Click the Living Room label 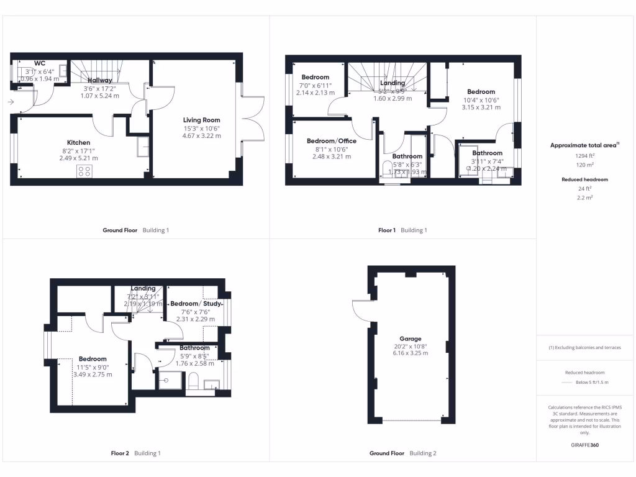[201, 120]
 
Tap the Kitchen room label [78, 142]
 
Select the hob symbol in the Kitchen [84, 171]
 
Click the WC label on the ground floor [40, 63]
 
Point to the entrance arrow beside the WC [11, 102]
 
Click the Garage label [411, 338]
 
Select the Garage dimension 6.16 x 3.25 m [411, 353]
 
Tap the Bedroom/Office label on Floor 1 [332, 141]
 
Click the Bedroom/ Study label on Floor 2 [194, 304]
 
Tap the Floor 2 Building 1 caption [135, 453]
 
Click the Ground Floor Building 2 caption [402, 453]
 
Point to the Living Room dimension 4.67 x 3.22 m [201, 135]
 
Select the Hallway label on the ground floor [100, 80]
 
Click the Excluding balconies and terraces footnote [585, 347]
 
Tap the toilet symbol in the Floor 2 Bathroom [193, 381]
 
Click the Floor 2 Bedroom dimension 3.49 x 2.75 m [92, 375]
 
